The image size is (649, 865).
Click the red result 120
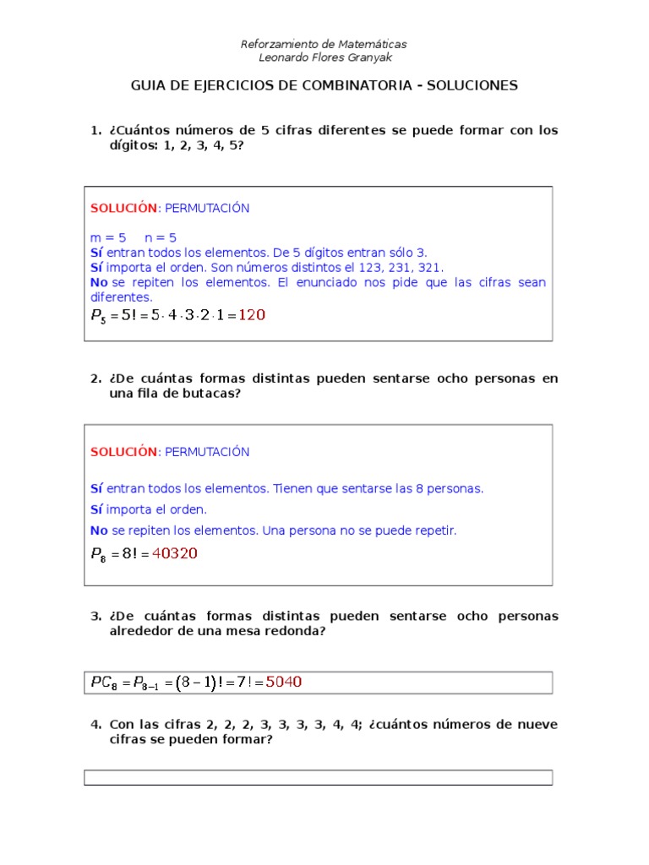tap(252, 315)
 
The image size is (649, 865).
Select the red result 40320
tap(175, 554)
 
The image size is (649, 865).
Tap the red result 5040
tap(284, 682)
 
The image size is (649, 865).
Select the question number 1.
tap(95, 131)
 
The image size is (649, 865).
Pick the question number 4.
tap(95, 725)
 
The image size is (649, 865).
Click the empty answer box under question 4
tap(318, 777)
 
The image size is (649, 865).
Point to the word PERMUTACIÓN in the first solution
tap(207, 208)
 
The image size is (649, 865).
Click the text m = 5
tap(108, 237)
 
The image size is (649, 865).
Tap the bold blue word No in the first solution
tap(99, 282)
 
